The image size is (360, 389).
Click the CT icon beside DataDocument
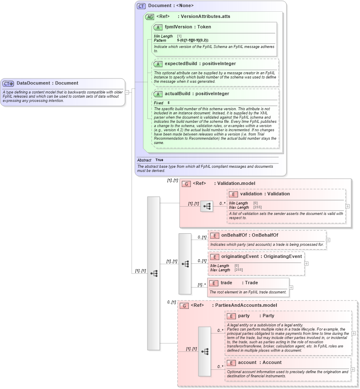(8, 83)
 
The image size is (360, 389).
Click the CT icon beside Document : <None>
(141, 6)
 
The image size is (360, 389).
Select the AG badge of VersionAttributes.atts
(150, 17)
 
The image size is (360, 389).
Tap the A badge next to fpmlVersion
(157, 27)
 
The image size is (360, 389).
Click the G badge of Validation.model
(186, 184)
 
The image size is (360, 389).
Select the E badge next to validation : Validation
(233, 194)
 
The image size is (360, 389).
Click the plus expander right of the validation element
(347, 206)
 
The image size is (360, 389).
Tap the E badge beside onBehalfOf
(215, 235)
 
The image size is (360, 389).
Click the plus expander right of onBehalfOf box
(328, 240)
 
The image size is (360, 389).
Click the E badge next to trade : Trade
(214, 283)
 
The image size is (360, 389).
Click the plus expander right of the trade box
(291, 288)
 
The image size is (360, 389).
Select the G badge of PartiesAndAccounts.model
(184, 306)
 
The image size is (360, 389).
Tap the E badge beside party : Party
(231, 316)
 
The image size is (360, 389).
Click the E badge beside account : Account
(231, 363)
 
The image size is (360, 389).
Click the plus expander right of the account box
(353, 369)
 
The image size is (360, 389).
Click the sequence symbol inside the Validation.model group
(206, 206)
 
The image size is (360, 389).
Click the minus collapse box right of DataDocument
(127, 92)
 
